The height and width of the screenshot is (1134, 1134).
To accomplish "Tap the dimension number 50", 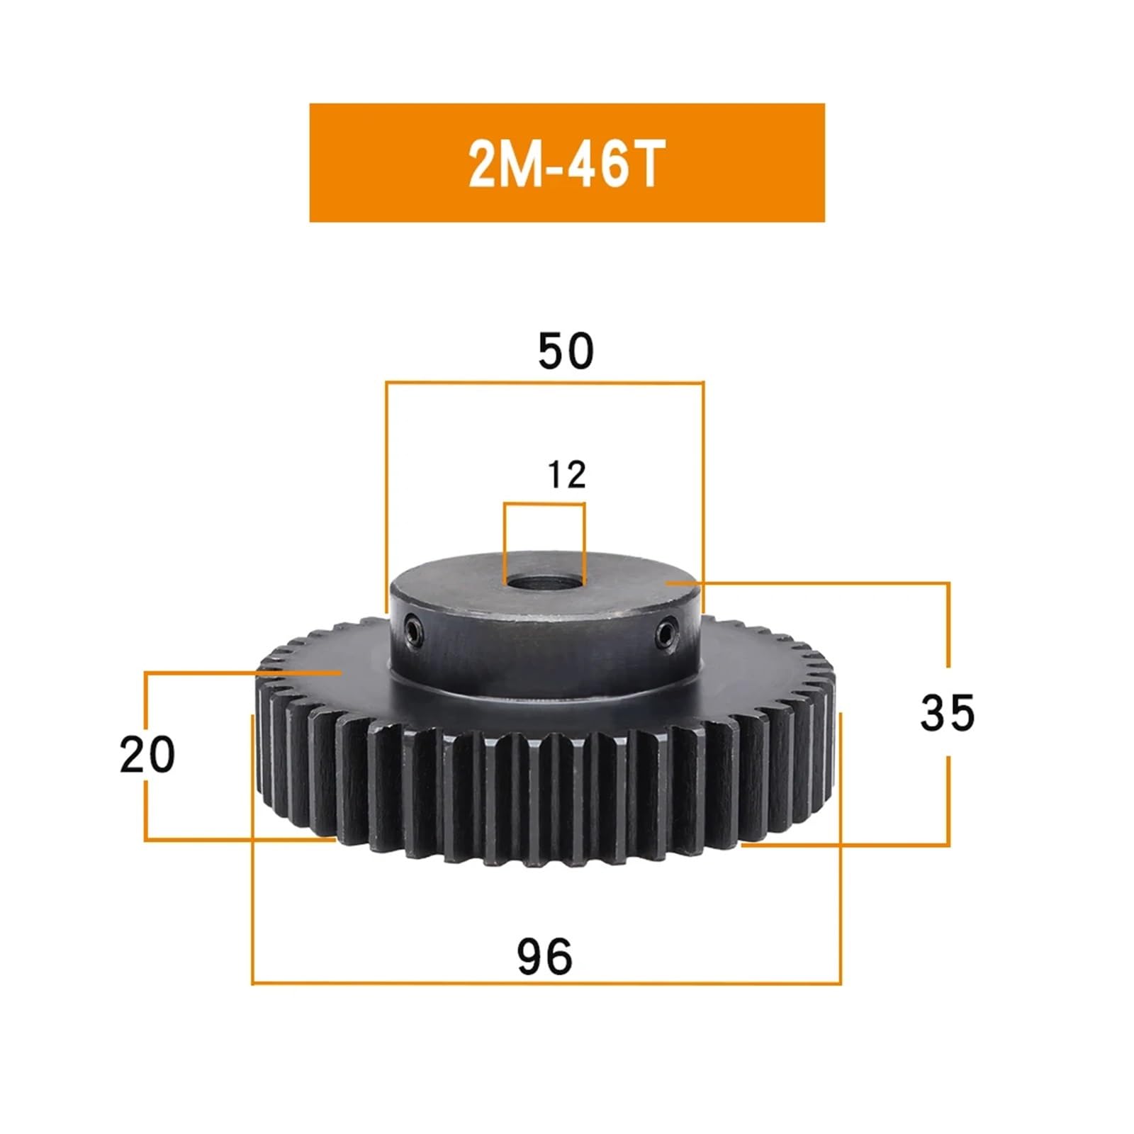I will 565,352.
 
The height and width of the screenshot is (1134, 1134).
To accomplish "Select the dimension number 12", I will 566,475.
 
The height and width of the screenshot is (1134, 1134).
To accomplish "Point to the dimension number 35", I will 947,712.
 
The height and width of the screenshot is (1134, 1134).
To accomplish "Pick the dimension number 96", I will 544,957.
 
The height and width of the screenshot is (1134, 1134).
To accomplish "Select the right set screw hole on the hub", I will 665,631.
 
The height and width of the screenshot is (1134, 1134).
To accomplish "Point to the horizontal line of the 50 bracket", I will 544,383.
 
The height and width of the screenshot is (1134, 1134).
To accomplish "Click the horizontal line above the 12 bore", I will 544,504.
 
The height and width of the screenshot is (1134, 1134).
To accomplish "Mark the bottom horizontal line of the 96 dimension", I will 546,983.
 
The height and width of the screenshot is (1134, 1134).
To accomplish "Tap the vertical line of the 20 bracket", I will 145,709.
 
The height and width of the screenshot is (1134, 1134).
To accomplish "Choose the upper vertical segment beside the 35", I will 948,624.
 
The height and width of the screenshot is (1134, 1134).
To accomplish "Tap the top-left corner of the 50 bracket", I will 387,383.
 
